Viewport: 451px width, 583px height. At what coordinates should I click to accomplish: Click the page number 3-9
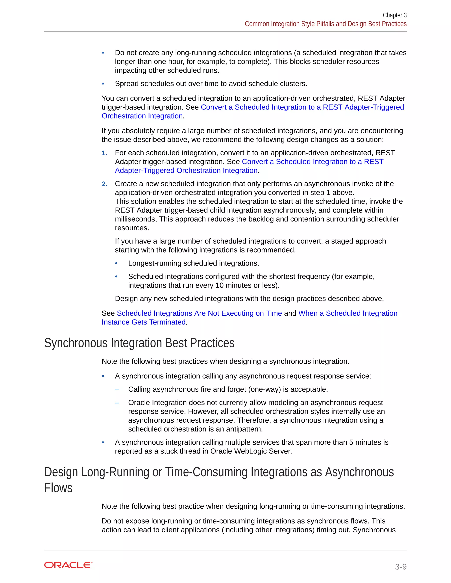coord(401,566)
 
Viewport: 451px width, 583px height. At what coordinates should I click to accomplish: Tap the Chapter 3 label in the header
coord(394,15)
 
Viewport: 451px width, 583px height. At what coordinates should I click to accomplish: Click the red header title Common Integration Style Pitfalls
coord(325,24)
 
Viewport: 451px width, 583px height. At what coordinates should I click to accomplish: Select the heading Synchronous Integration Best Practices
coord(139,343)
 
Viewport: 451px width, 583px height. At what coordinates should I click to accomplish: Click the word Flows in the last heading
coord(58,488)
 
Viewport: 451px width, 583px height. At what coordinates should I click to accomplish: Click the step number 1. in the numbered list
coord(104,153)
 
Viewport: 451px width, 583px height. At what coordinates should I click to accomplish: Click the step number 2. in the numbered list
coord(104,184)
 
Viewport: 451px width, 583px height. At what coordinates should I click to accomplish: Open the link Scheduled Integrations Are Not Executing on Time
coord(199,313)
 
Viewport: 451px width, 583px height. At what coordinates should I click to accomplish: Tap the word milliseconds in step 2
coord(136,219)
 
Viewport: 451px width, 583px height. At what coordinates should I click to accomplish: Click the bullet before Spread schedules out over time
coord(103,84)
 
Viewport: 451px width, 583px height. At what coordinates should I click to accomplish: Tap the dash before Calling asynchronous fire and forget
coord(117,389)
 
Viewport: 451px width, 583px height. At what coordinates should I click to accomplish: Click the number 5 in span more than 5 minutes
coord(351,442)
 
